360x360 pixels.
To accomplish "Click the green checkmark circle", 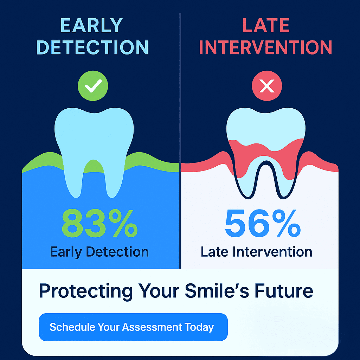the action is click(93, 86).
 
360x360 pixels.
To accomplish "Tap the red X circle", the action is click(266, 86).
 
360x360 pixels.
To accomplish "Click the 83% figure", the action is click(99, 223).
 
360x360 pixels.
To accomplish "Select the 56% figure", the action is click(263, 223).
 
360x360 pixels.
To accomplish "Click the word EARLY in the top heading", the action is click(91, 25).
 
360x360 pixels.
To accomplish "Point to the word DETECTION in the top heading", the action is click(92, 47).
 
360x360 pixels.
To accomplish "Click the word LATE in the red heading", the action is click(266, 25).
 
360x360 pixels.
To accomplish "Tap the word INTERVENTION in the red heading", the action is click(266, 47).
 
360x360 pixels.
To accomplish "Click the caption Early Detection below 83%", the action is click(99, 252).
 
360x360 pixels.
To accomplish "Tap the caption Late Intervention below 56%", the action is click(256, 252).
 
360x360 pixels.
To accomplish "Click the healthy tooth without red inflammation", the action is click(94, 138).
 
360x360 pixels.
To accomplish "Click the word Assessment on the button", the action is click(152, 327).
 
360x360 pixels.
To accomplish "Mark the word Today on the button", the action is click(199, 327).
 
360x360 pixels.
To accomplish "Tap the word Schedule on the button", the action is click(72, 327).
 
